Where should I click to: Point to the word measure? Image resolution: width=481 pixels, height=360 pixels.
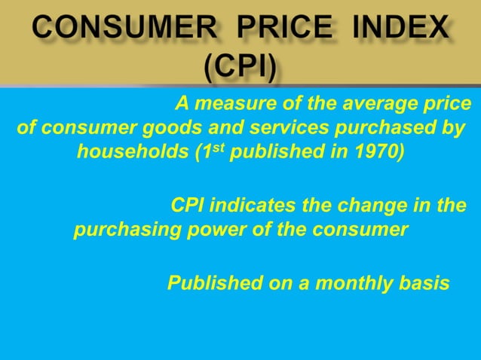click(231, 103)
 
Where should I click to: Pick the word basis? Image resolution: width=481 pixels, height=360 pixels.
click(425, 284)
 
